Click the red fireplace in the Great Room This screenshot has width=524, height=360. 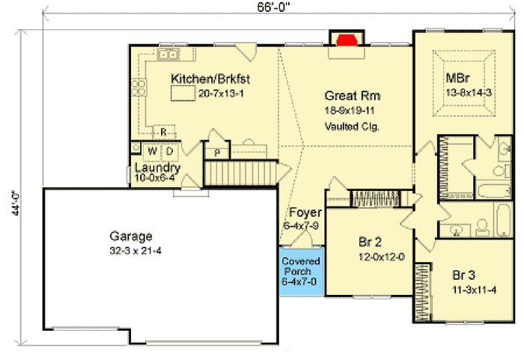pyautogui.click(x=345, y=40)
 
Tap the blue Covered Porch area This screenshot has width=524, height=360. pyautogui.click(x=301, y=272)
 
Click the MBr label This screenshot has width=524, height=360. pyautogui.click(x=457, y=77)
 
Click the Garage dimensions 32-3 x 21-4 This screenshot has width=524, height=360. pyautogui.click(x=135, y=249)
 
